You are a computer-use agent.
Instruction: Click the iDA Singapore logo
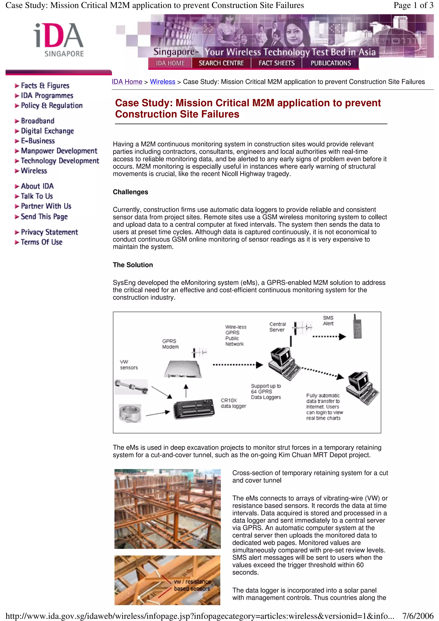pos(59,39)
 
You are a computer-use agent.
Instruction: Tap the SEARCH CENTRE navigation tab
pos(221,63)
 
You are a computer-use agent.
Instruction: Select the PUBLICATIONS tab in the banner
pos(331,63)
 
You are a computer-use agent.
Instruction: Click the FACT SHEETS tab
pos(277,63)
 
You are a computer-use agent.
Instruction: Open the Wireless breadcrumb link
pos(162,82)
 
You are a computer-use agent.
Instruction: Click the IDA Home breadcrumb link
pos(127,82)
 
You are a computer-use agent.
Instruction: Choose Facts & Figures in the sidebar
pos(45,86)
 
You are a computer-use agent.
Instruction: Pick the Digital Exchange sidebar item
pos(47,131)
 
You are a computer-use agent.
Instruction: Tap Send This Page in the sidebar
pos(44,217)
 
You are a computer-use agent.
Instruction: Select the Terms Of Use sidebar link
pos(41,242)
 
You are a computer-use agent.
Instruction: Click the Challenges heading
pos(130,192)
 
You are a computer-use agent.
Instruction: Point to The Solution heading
pos(133,265)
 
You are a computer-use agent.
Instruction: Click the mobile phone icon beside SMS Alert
pos(357,327)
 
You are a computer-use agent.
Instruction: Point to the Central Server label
pos(277,327)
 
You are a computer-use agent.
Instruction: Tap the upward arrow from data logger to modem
pos(186,391)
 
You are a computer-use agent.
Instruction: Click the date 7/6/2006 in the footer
pos(418,616)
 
